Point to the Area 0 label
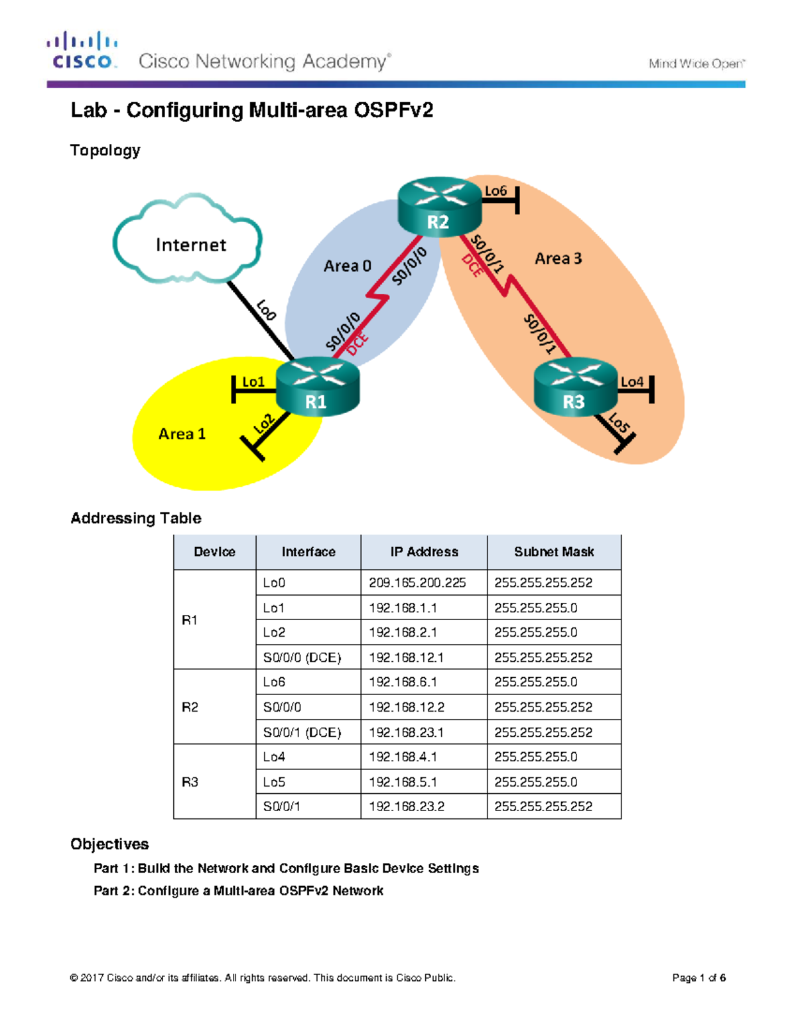click(x=347, y=266)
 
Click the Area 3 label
click(x=558, y=259)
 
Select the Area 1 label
click(x=182, y=434)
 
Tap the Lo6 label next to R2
click(x=496, y=191)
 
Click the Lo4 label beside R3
click(x=631, y=382)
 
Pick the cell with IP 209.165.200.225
click(x=417, y=583)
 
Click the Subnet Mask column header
click(x=554, y=552)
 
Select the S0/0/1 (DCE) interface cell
click(x=302, y=732)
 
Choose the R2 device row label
click(x=190, y=707)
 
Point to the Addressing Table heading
click(x=136, y=518)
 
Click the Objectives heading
click(x=109, y=844)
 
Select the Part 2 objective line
click(x=238, y=891)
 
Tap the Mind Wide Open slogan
click(x=696, y=64)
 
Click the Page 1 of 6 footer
click(x=698, y=978)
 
